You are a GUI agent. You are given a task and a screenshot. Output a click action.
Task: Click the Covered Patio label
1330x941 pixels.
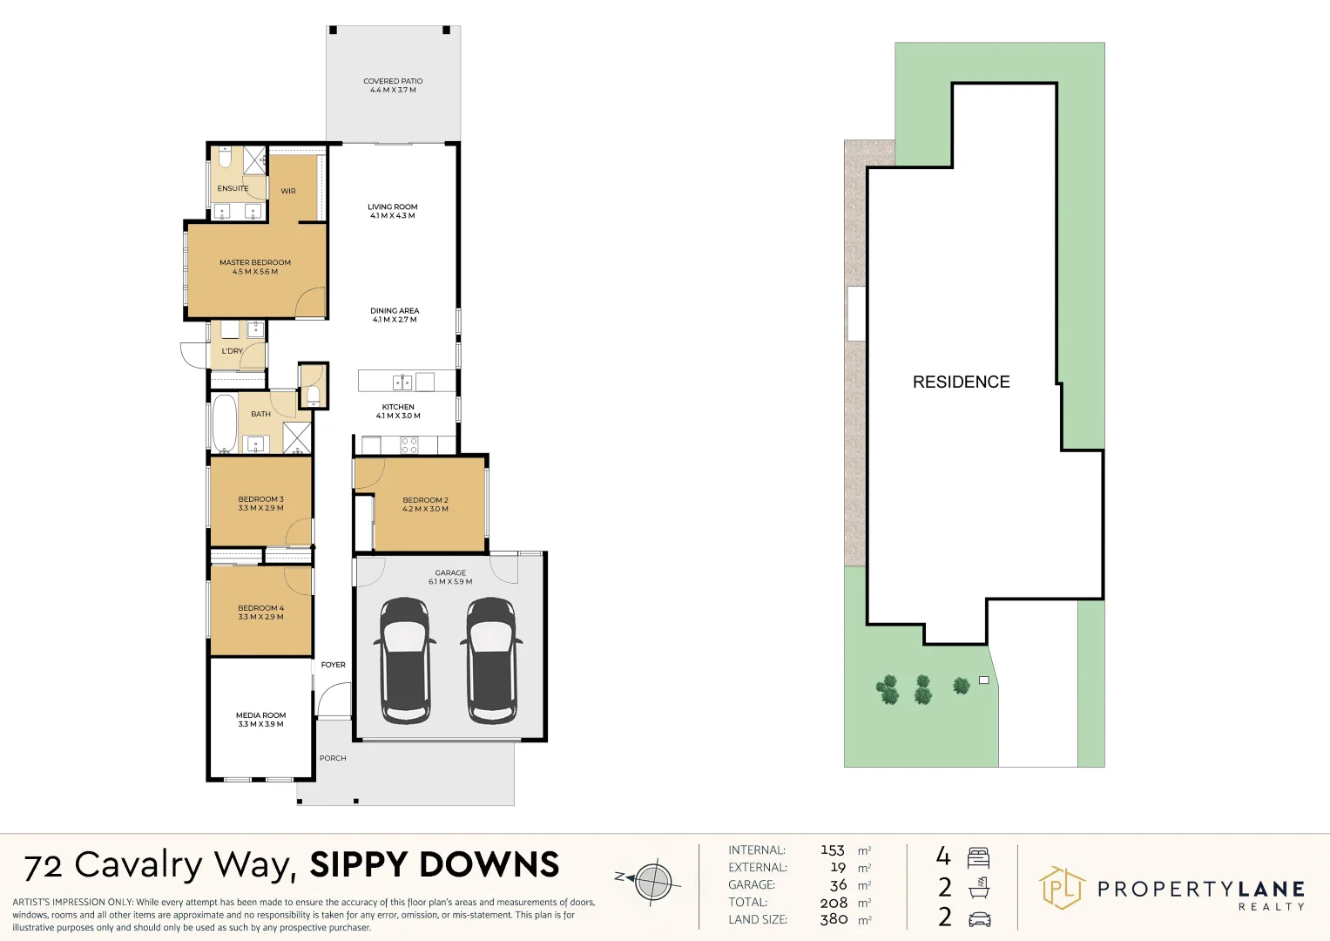tap(393, 85)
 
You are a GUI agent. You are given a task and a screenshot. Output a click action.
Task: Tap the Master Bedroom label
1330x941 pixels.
tap(255, 267)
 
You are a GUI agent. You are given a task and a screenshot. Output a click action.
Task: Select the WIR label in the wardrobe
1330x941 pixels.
tap(288, 192)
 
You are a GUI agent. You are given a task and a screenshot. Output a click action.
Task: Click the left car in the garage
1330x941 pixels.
tap(405, 660)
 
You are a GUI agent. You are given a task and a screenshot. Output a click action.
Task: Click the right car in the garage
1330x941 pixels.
tap(491, 660)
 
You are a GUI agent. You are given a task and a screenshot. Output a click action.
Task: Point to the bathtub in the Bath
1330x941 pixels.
tap(224, 423)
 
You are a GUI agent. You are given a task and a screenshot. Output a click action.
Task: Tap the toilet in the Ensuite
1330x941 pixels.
tap(225, 157)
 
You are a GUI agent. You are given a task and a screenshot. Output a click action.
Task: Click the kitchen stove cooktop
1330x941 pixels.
tap(409, 445)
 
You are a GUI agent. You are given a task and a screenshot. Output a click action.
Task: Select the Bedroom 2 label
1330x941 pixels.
tap(425, 504)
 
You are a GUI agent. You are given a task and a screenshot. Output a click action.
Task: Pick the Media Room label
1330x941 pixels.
tap(260, 720)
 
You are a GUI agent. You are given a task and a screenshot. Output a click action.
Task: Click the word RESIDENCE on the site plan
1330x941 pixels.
tap(962, 382)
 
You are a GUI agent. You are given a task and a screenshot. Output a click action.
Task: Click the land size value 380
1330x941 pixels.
tap(834, 919)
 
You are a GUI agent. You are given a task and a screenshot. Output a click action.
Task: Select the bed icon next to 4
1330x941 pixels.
tap(978, 858)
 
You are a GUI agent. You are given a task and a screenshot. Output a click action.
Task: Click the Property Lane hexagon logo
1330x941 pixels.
tap(1063, 888)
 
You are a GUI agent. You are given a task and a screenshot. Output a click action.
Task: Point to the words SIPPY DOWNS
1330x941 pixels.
tap(435, 864)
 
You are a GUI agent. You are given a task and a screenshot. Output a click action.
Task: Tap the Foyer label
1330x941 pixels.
tap(333, 665)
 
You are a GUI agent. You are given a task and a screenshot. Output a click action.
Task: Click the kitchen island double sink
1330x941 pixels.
tap(402, 382)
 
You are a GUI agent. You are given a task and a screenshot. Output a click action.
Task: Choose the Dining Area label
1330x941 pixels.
tap(395, 315)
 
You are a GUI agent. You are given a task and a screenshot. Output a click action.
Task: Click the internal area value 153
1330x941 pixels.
tap(833, 850)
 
